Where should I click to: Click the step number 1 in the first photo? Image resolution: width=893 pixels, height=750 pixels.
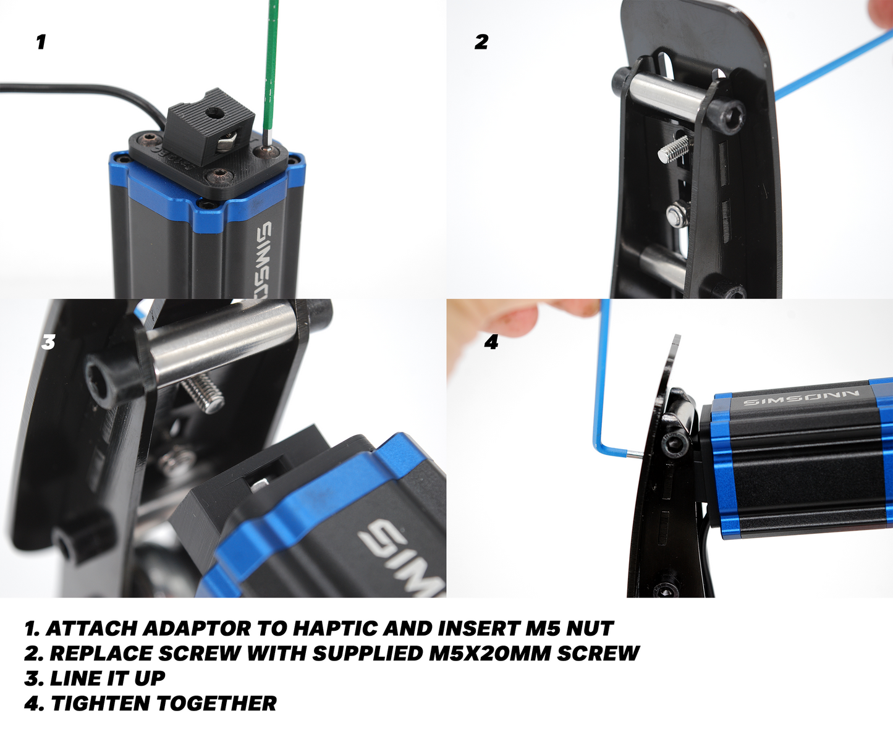click(41, 42)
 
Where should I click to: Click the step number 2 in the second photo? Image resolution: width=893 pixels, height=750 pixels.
click(481, 42)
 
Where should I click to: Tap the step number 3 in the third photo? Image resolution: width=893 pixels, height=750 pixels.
click(48, 342)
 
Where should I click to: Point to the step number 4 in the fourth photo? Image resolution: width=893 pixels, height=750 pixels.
click(491, 342)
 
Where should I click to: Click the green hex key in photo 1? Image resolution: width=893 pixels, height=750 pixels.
click(271, 69)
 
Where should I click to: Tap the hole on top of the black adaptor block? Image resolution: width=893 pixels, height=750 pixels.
click(211, 113)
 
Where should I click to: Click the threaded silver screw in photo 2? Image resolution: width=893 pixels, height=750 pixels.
click(674, 149)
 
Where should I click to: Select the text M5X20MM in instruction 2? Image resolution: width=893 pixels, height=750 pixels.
click(489, 654)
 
